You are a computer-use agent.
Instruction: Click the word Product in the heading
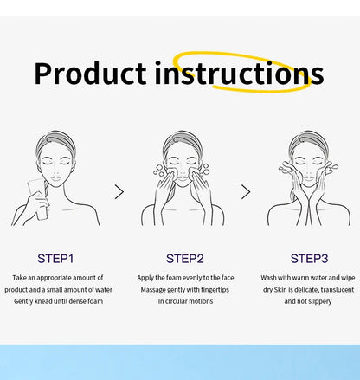tap(90, 74)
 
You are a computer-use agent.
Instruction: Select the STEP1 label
tap(55, 258)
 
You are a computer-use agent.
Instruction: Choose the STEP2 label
tap(184, 258)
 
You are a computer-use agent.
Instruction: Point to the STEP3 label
tap(309, 258)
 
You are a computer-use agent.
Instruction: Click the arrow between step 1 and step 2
tap(119, 191)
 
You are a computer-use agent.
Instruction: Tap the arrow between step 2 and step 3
tap(245, 191)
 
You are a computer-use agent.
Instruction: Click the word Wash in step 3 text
tap(269, 278)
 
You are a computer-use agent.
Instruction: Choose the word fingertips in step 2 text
tap(215, 289)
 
